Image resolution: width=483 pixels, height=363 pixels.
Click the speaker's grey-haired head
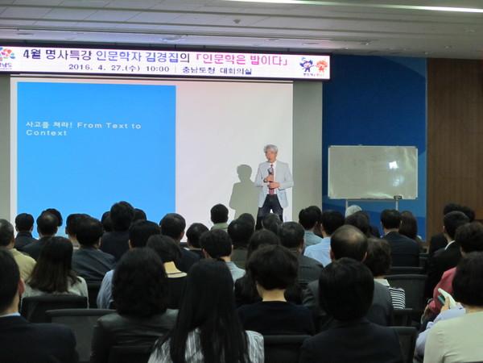point(271,152)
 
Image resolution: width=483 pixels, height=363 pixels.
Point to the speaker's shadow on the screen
point(243,190)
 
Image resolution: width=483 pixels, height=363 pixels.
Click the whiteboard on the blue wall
point(372,172)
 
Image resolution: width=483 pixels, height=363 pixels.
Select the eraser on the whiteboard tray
point(397,198)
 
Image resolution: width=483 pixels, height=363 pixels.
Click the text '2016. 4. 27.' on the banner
point(94,69)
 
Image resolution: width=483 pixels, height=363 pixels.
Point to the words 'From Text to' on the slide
point(109,126)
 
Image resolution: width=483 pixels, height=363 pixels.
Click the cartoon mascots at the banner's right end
point(313,65)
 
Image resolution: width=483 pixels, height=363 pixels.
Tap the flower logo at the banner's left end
point(7,55)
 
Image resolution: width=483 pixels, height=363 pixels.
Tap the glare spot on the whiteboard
point(393,165)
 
